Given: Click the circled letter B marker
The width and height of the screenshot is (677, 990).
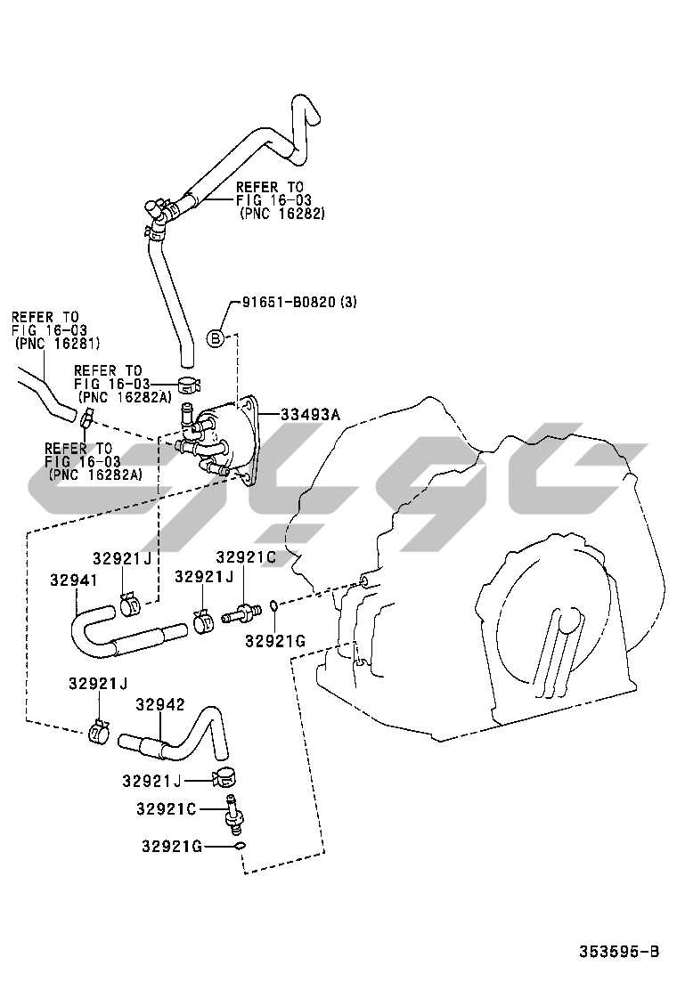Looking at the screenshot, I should tap(216, 337).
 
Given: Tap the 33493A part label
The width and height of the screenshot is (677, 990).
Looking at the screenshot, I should tap(311, 414).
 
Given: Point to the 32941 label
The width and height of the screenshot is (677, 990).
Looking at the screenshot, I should tap(73, 580).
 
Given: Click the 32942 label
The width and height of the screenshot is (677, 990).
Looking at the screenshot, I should tap(159, 705).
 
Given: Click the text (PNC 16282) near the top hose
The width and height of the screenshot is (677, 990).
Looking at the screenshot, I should tap(282, 214).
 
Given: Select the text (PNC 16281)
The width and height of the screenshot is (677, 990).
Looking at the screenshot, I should tap(57, 343).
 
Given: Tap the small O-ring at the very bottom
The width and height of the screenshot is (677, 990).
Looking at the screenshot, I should tap(239, 846).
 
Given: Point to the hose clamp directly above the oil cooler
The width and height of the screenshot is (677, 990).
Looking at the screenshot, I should tap(189, 385).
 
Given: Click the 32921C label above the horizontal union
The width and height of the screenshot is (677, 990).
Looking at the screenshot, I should tap(245, 557).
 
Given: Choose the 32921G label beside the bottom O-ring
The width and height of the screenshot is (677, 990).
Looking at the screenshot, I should tap(171, 845).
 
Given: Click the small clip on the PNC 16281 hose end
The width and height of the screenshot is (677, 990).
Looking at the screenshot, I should tap(86, 417).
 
